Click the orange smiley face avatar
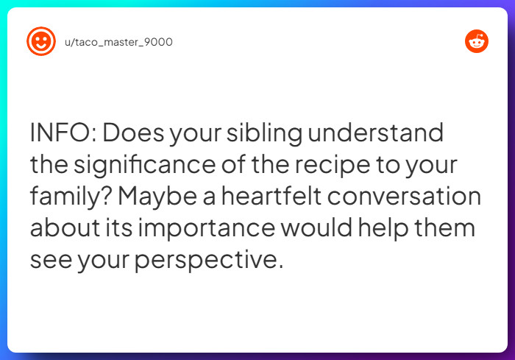click(40, 42)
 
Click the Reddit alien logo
click(477, 42)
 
